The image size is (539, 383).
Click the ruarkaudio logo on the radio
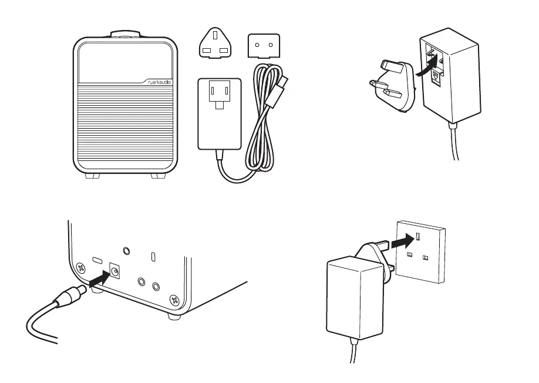[x=159, y=82]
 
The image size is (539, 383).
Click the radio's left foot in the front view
[x=93, y=175]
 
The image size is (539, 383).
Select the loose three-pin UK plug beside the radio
[x=215, y=45]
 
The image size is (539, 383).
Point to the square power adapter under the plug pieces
[x=220, y=113]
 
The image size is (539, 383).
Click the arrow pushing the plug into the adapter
[x=427, y=66]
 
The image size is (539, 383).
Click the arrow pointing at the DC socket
[x=99, y=276]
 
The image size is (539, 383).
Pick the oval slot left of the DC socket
[x=96, y=259]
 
